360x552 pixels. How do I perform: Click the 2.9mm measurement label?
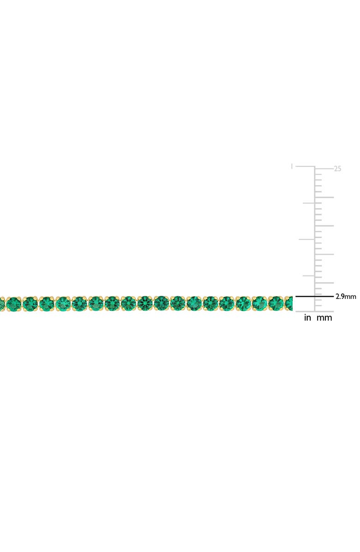(346, 297)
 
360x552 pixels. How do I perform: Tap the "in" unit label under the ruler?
(307, 318)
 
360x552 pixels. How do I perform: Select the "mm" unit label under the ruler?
(324, 318)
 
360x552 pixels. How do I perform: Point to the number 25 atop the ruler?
(337, 169)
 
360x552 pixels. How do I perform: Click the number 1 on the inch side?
(292, 166)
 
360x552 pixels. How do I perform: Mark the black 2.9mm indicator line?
(314, 296)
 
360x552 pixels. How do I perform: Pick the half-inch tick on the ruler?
(306, 239)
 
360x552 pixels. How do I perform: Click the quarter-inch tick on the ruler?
(308, 276)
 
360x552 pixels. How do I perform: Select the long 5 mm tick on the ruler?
(325, 282)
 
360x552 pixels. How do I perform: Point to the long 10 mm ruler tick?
(325, 254)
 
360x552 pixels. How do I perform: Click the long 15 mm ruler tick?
(325, 226)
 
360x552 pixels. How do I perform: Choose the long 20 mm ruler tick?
(325, 197)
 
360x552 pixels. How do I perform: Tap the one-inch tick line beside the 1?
(305, 166)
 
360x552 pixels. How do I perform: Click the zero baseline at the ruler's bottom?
(314, 311)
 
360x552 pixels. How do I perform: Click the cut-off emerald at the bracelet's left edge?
(1, 304)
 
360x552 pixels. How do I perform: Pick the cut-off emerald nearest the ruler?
(289, 304)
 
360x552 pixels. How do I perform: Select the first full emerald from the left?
(14, 304)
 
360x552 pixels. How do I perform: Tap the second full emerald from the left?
(30, 304)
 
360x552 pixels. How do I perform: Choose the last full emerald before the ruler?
(276, 304)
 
